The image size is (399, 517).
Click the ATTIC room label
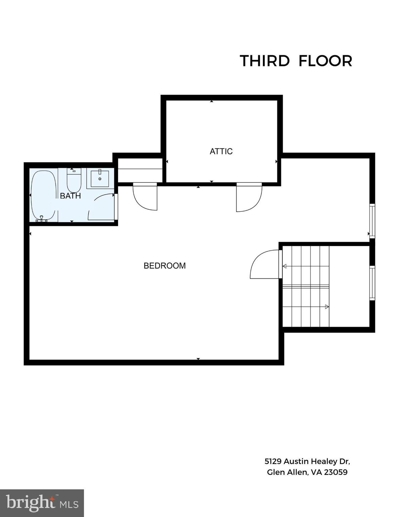pyautogui.click(x=221, y=151)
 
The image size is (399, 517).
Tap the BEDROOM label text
pyautogui.click(x=164, y=266)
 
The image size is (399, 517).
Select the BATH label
pyautogui.click(x=70, y=196)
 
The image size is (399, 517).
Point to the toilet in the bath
pyautogui.click(x=74, y=180)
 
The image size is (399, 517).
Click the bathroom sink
pyautogui.click(x=100, y=178)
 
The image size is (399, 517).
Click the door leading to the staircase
pyautogui.click(x=265, y=265)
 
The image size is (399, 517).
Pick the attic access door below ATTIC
pyautogui.click(x=249, y=197)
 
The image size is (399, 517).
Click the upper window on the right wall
pyautogui.click(x=372, y=221)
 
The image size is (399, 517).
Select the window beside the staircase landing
pyautogui.click(x=372, y=283)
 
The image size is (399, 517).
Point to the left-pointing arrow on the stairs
pyautogui.click(x=285, y=266)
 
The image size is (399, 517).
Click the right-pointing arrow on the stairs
pyautogui.click(x=326, y=307)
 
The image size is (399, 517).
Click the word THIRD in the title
pyautogui.click(x=265, y=61)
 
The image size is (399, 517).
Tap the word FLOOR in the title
pyautogui.click(x=325, y=61)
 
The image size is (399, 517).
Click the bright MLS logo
pyautogui.click(x=42, y=503)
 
